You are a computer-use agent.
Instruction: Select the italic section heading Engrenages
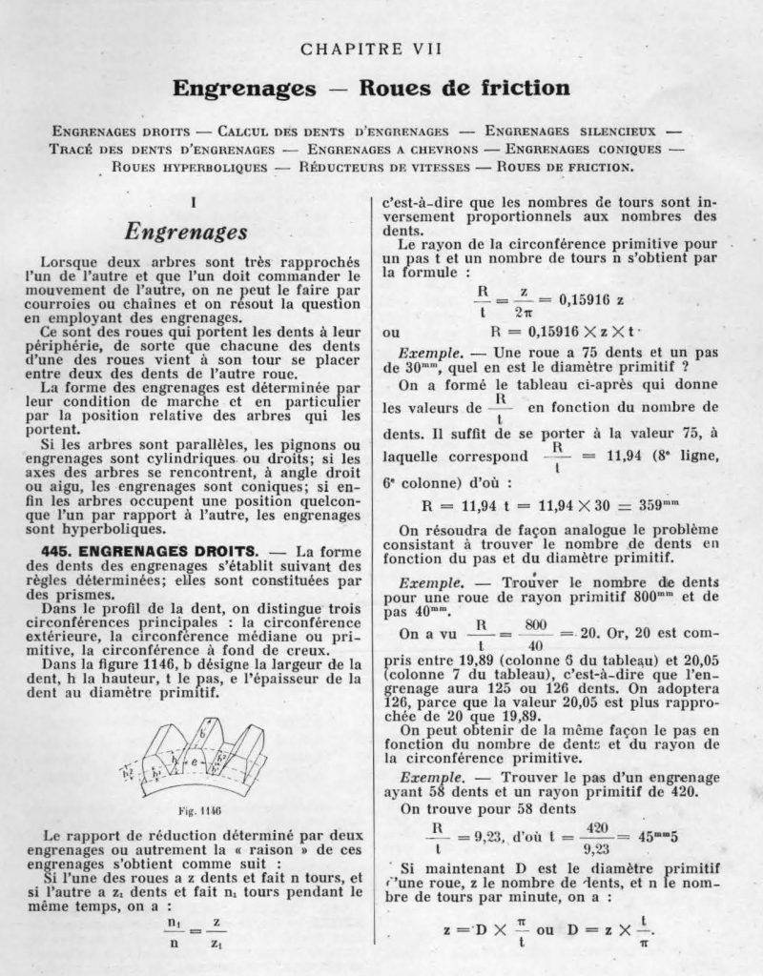187,231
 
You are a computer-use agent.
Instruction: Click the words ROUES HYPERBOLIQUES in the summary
187,168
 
